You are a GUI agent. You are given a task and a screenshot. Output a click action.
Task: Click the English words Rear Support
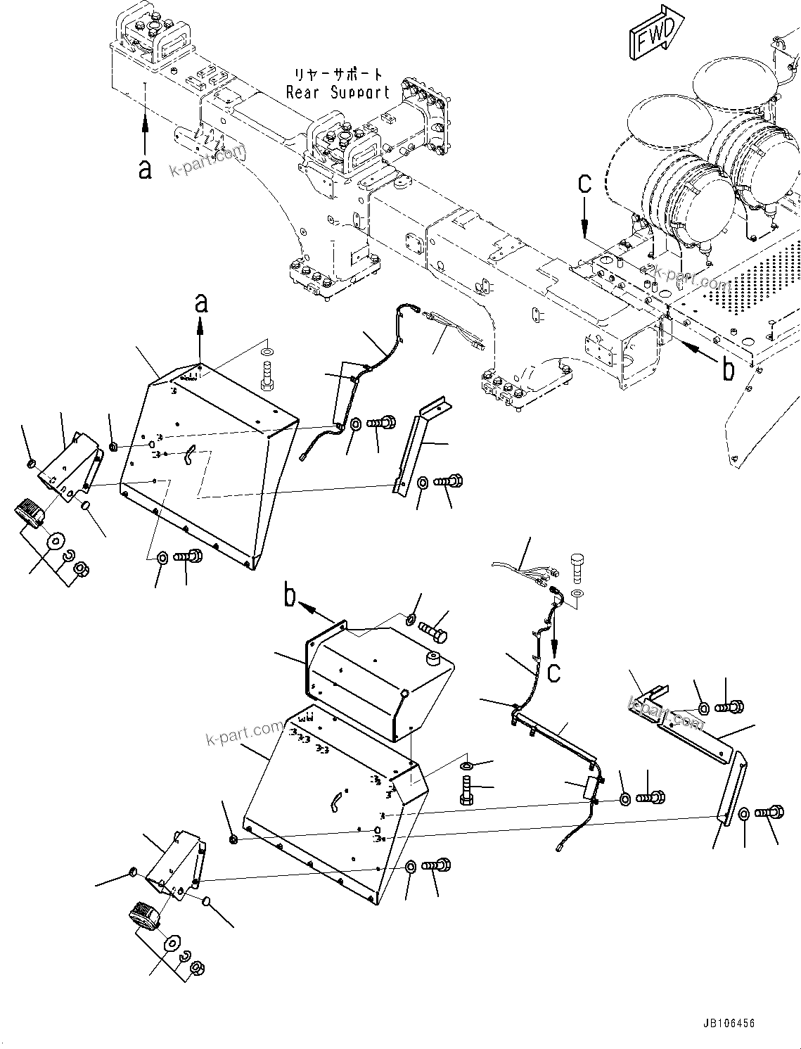tap(338, 91)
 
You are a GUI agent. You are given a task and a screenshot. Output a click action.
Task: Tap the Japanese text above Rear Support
tap(338, 74)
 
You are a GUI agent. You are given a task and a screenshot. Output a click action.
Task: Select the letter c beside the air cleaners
tap(584, 184)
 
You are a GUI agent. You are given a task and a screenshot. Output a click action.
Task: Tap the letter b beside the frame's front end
tap(728, 369)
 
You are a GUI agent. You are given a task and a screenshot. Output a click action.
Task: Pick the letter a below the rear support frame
tap(145, 168)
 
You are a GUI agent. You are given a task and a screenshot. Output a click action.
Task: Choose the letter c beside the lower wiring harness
tap(554, 672)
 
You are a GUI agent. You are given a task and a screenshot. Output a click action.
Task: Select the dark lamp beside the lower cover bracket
tap(143, 919)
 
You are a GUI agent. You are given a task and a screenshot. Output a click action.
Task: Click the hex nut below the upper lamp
tap(79, 567)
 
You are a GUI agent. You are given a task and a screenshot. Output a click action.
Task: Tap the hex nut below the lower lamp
tap(198, 968)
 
